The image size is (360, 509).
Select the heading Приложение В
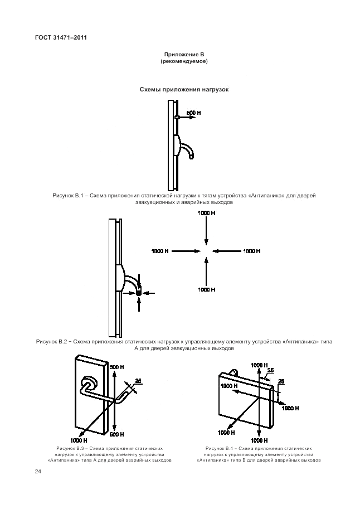(x=184, y=54)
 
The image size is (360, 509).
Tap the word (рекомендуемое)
(x=184, y=61)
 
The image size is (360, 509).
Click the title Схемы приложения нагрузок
(x=184, y=89)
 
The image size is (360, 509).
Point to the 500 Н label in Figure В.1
(x=193, y=113)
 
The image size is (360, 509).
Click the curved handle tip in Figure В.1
(x=191, y=157)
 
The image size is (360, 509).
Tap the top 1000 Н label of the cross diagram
(x=206, y=213)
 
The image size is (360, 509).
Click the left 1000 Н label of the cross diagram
(x=160, y=251)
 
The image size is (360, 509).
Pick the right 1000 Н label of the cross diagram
(x=252, y=251)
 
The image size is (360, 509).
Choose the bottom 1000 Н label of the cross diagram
(x=206, y=289)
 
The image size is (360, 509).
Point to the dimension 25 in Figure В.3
(x=138, y=381)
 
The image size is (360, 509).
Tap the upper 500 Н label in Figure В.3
(x=116, y=367)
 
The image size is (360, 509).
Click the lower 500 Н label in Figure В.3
(x=116, y=434)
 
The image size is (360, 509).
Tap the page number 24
(x=38, y=472)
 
